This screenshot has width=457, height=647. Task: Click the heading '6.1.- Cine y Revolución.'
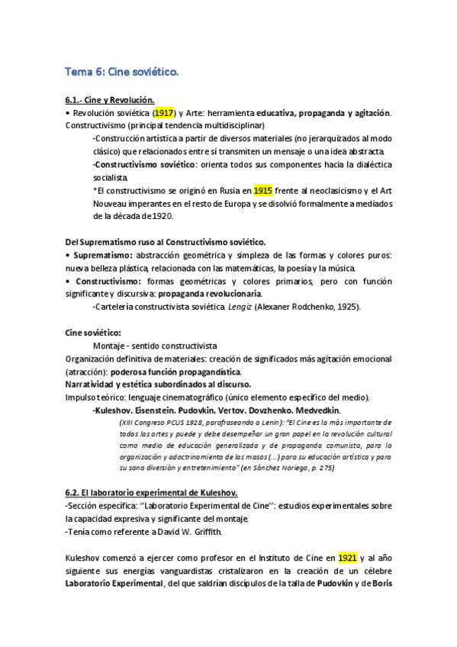tap(110, 99)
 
